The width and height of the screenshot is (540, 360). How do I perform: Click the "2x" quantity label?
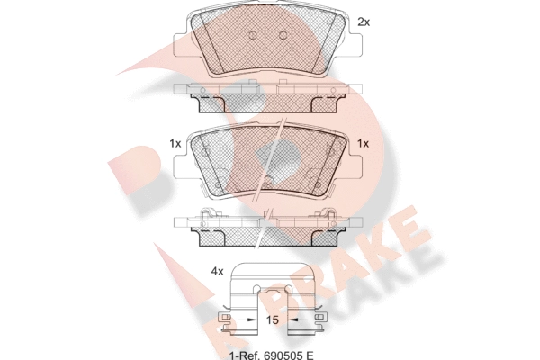tap(364, 22)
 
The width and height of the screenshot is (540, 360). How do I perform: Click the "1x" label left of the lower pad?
tap(175, 143)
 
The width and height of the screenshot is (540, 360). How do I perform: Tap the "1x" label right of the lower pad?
tap(363, 143)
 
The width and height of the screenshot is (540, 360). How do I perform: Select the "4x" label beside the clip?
tap(217, 272)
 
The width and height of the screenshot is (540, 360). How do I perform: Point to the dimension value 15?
tap(272, 320)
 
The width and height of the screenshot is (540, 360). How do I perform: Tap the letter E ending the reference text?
tap(310, 355)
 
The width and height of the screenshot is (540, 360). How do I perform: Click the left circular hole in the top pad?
tap(252, 35)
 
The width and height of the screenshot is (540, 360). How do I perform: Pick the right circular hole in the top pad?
tap(283, 35)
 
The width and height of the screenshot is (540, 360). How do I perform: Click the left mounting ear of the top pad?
tap(180, 44)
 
